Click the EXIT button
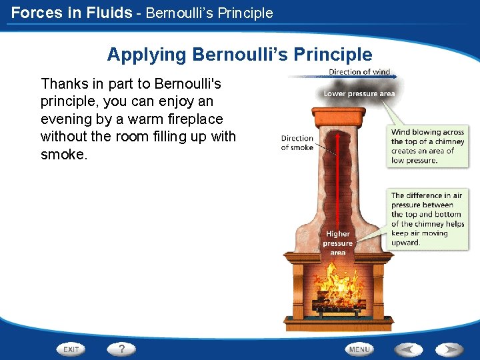point(72,349)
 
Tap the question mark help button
point(121,349)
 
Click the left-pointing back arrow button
point(409,349)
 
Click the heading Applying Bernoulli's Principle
point(239,54)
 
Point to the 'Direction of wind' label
point(359,71)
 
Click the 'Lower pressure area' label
point(359,94)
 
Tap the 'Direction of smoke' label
point(297,143)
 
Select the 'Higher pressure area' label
point(337,243)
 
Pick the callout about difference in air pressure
point(426,219)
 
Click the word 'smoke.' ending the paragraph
point(64,153)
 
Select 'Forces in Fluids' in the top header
point(71,12)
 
